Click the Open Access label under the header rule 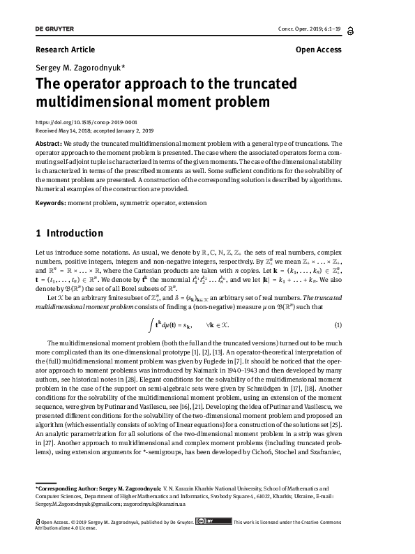click(x=318, y=50)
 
